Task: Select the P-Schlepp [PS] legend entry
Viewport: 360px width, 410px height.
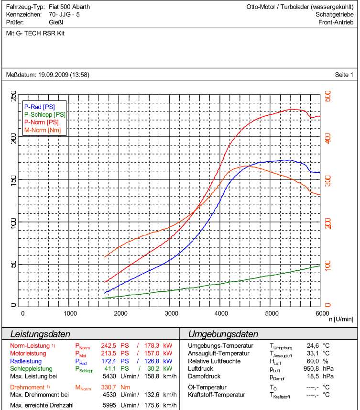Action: click(x=45, y=114)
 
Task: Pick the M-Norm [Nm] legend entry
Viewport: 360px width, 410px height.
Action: click(x=43, y=130)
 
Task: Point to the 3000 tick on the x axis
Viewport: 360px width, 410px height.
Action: click(x=171, y=313)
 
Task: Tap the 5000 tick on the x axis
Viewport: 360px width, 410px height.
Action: click(x=271, y=313)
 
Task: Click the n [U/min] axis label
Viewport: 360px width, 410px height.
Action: click(x=340, y=319)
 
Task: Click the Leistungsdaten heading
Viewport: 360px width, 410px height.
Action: click(x=41, y=334)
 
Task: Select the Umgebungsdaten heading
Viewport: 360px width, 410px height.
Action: click(x=223, y=334)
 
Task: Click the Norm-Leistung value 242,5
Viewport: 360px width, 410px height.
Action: click(x=109, y=345)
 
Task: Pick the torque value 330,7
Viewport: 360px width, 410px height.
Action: click(x=109, y=387)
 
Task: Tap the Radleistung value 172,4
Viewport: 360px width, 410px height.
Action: click(x=109, y=361)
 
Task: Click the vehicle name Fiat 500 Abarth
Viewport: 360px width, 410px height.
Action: click(x=69, y=7)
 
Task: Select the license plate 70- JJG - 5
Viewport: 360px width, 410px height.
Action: click(x=64, y=15)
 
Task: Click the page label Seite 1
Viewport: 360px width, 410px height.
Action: click(x=344, y=75)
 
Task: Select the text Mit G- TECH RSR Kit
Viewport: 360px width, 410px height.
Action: click(x=35, y=34)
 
